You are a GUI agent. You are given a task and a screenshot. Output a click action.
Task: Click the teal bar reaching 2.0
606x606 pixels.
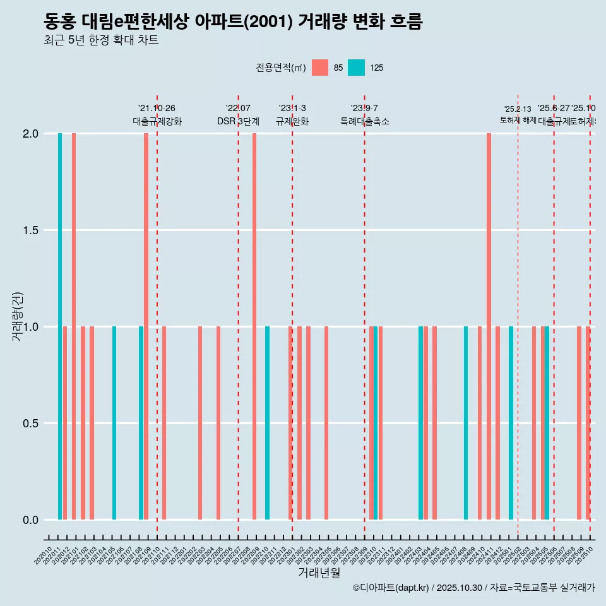[x=60, y=326]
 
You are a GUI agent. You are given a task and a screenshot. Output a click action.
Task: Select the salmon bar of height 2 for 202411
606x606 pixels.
[x=489, y=326]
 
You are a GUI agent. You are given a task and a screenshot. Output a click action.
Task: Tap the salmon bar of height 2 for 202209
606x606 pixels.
[x=254, y=326]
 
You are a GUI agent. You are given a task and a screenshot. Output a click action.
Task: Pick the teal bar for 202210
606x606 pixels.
[x=267, y=423]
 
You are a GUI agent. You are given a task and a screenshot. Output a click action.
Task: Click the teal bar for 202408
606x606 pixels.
[x=466, y=423]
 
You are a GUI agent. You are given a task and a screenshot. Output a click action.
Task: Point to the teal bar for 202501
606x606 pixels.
[x=511, y=423]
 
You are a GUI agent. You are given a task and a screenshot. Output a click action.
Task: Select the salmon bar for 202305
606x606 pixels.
[x=326, y=423]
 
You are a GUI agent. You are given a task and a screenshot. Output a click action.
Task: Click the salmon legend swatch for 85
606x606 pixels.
[x=320, y=68]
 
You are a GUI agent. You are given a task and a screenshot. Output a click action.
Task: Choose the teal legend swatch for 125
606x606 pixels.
[x=357, y=68]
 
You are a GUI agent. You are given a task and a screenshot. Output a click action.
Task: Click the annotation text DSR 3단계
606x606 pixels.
[x=238, y=121]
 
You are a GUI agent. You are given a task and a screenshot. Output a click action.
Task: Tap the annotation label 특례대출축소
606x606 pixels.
[x=364, y=121]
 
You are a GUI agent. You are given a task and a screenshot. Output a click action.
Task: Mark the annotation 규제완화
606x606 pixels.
[x=292, y=121]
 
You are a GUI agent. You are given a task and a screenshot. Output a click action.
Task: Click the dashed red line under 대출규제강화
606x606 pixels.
[x=157, y=316]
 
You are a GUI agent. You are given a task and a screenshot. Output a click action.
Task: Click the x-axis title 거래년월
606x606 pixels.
[x=319, y=573]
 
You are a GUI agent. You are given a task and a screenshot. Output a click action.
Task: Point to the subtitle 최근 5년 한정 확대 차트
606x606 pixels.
[x=101, y=40]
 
